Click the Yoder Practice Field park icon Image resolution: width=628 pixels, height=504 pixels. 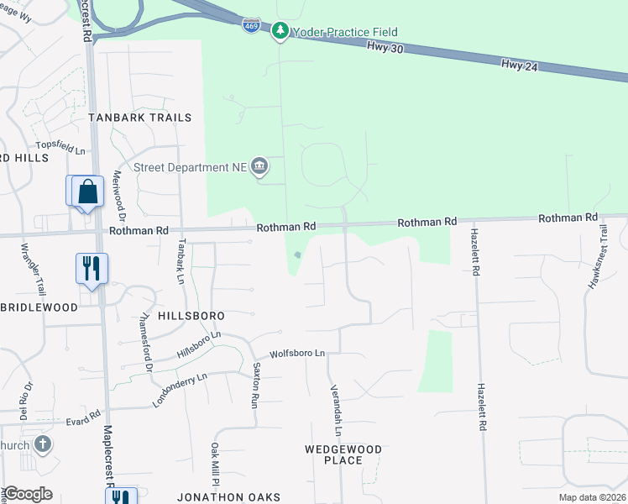point(280,32)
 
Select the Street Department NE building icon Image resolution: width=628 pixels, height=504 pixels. point(259,166)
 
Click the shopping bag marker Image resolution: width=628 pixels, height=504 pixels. point(87,192)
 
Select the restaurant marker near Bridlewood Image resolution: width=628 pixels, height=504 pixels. point(92,269)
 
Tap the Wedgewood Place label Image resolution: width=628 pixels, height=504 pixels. point(343,454)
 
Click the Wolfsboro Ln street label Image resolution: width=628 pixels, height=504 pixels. point(296,354)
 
